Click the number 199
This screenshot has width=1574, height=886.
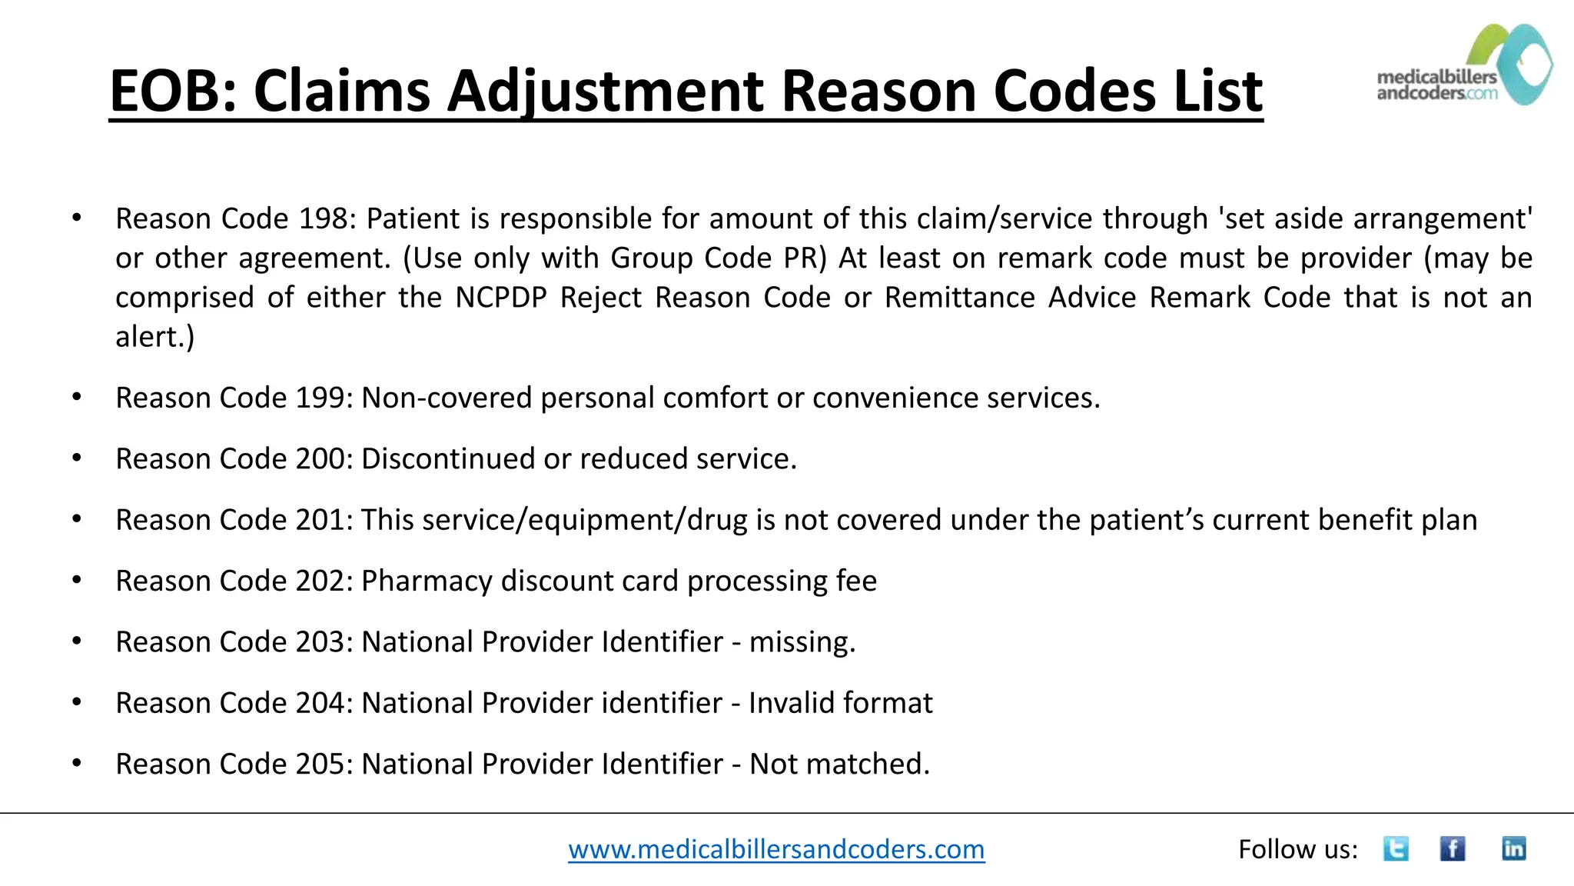324,398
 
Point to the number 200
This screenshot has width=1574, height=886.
324,458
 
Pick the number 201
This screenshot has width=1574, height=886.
324,520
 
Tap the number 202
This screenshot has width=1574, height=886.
324,581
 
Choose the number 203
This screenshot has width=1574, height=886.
324,641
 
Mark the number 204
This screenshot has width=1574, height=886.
324,703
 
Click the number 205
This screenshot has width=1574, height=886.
324,764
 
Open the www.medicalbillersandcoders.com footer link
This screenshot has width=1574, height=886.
776,849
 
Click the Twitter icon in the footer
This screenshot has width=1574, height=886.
1396,849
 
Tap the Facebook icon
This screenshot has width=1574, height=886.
1453,849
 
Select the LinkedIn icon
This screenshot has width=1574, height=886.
1513,849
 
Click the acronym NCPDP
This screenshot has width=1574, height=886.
501,298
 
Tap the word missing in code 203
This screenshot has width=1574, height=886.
801,641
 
